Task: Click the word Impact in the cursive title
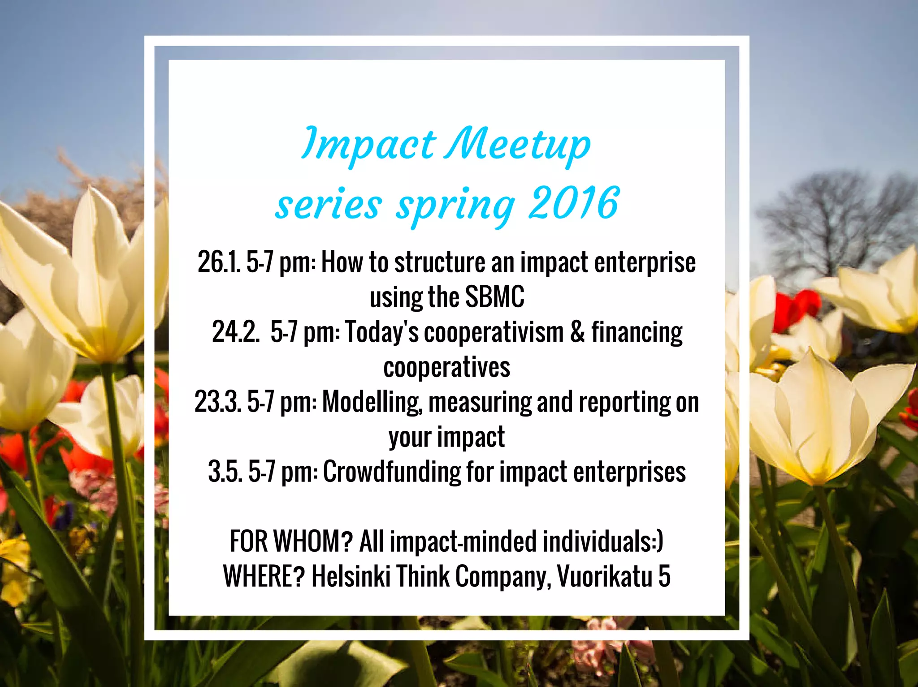pos(368,144)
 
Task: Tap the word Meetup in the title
pos(518,144)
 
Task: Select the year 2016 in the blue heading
pos(574,204)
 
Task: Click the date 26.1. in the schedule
pos(219,262)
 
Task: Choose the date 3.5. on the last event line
pos(225,472)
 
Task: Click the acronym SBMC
pos(494,297)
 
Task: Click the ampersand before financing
pos(577,332)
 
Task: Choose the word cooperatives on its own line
pos(446,367)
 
